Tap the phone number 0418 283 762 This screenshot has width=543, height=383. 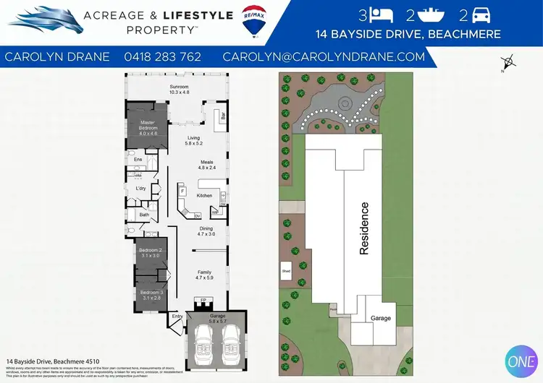coord(162,56)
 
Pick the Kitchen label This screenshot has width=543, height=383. coord(205,196)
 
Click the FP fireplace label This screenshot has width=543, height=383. coord(203,298)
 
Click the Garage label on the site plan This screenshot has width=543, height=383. coord(381,318)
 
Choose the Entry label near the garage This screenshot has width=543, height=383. coord(177,315)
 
